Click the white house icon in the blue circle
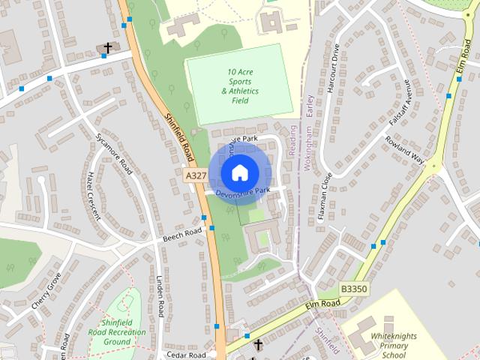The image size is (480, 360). click(x=239, y=172)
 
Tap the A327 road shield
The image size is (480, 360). click(x=195, y=175)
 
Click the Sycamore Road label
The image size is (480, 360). click(x=114, y=153)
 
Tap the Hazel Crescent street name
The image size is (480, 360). click(x=93, y=193)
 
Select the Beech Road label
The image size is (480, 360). click(x=183, y=234)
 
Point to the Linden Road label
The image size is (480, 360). click(x=160, y=296)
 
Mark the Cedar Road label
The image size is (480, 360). click(x=187, y=355)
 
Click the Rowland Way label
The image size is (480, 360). click(x=405, y=150)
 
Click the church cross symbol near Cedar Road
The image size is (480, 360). click(x=258, y=345)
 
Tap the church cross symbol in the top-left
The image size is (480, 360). click(x=108, y=47)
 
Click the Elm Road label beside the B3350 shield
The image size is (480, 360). click(x=322, y=304)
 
